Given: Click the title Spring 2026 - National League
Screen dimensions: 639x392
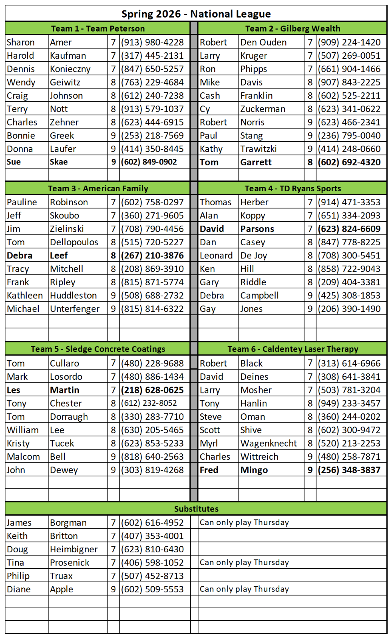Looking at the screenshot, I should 196,14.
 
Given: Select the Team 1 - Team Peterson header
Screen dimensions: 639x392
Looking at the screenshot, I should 98,28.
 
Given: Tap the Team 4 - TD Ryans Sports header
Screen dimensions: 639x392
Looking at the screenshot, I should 293,189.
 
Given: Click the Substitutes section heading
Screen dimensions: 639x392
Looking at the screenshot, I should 196,509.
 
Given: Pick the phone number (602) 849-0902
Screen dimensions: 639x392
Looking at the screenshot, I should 149,162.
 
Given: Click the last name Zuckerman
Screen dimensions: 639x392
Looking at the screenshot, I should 263,109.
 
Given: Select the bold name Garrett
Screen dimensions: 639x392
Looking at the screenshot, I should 256,162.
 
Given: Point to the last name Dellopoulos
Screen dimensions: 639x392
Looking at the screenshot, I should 74,242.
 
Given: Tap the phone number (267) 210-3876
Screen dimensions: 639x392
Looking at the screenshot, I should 152,256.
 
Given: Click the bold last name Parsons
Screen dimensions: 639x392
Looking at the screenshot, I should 257,229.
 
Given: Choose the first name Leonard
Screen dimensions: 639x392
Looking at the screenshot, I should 216,256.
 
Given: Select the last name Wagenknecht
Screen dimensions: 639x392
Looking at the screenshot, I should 269,443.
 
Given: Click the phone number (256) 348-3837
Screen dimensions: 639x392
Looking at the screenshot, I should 349,470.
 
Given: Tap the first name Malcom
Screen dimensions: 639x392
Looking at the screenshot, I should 23,456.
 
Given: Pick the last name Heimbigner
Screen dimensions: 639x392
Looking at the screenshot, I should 74,549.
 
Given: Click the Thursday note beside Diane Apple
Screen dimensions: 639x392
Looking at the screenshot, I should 244,589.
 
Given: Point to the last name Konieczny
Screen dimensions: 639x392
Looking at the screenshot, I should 70,69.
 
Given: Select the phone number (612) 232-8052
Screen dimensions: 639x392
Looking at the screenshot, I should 149,403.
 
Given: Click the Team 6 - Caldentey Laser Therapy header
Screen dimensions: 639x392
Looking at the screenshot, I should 293,349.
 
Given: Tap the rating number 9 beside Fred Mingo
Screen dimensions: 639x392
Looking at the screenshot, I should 310,470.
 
